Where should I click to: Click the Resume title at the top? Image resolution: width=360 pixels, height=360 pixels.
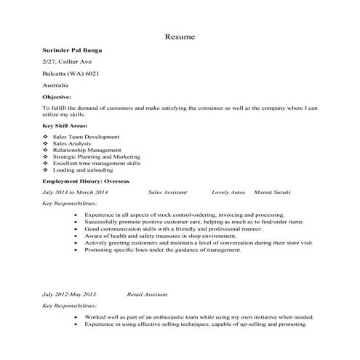coord(179,36)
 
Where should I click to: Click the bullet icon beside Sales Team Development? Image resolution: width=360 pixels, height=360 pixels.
coord(46,137)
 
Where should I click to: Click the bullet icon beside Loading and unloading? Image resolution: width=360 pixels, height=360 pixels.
coord(46,170)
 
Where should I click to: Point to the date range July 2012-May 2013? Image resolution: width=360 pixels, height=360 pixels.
coord(69,295)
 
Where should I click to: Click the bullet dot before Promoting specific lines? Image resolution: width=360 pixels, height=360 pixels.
coord(76,249)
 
